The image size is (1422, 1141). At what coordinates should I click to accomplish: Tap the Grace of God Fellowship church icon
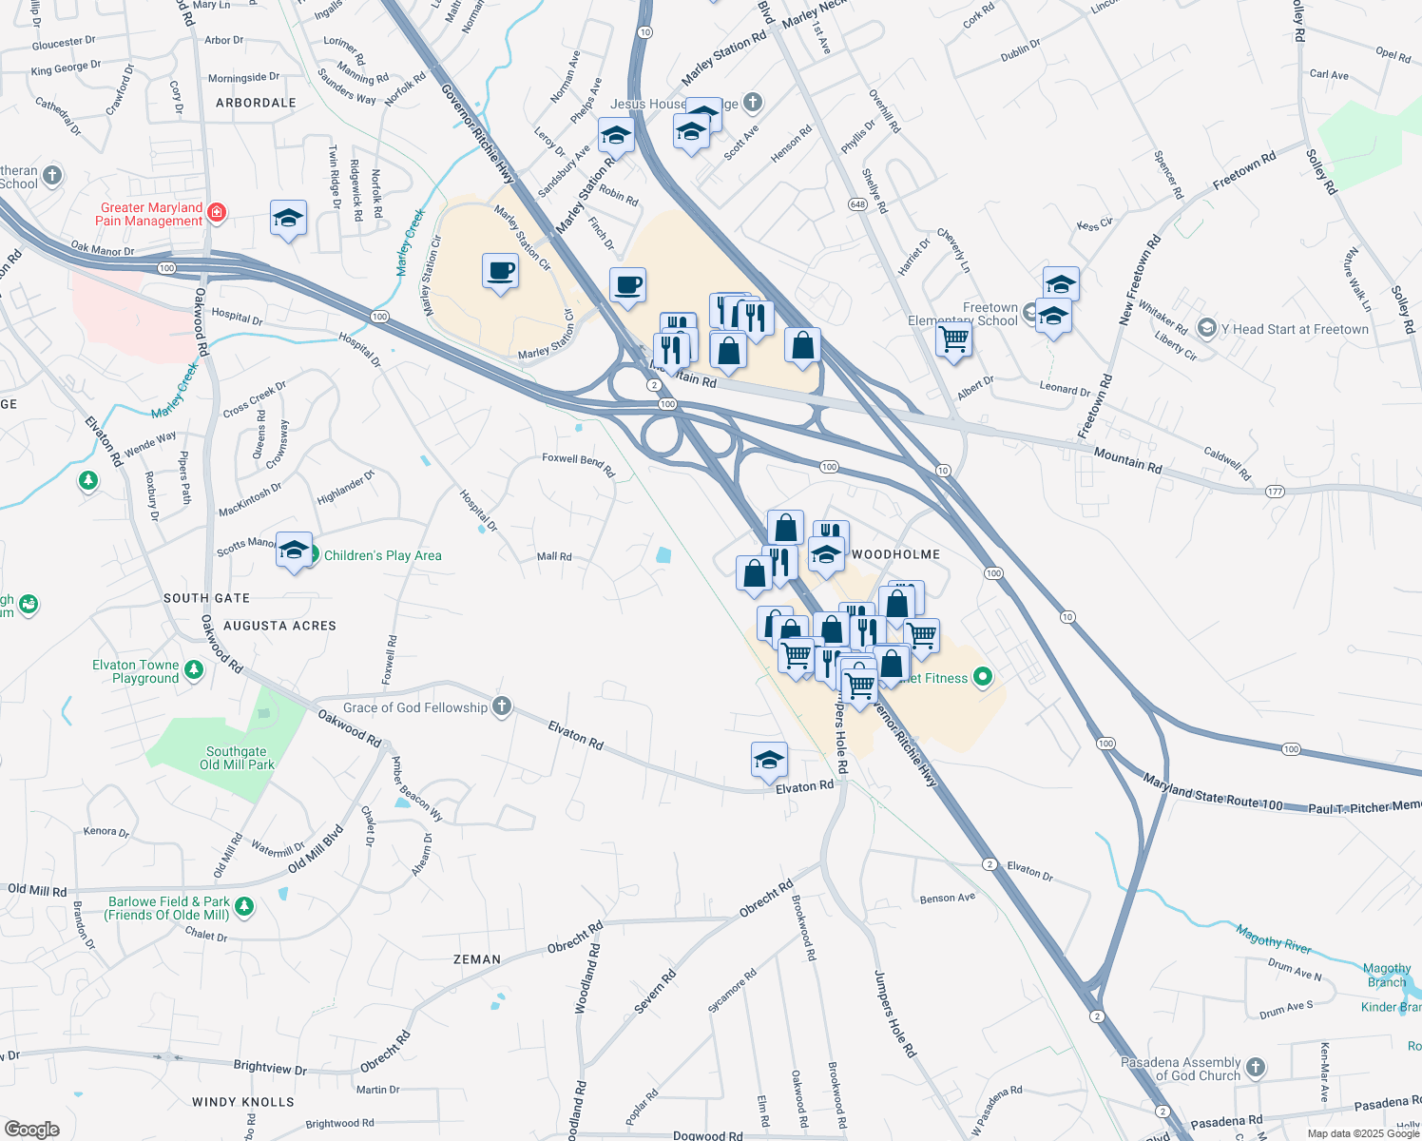point(502,706)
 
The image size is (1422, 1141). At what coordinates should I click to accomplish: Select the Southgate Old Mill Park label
point(237,758)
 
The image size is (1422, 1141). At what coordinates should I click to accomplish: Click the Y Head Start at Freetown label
point(1295,329)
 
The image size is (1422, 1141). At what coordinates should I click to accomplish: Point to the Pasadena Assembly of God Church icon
point(1256,1068)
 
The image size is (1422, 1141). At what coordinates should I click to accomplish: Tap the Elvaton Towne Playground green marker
point(194,670)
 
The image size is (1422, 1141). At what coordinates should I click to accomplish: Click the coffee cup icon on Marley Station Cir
point(500,271)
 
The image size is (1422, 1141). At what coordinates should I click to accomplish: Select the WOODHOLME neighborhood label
point(895,554)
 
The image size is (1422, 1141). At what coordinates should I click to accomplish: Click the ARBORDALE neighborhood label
point(256,103)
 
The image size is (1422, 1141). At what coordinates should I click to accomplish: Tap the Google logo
point(31,1130)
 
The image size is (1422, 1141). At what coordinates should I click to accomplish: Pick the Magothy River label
point(1274,939)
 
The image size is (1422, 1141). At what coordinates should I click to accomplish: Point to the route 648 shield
point(858,204)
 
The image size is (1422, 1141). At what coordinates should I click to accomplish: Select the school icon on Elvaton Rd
point(769,760)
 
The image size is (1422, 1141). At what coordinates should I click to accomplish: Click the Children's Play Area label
point(382,555)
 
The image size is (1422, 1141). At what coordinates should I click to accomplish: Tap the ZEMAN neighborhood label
point(477,959)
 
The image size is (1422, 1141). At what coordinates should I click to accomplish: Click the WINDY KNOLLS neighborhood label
point(243,1102)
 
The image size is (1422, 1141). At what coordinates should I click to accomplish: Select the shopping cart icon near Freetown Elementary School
point(953,338)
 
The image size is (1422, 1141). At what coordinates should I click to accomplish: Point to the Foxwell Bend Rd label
point(578,464)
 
